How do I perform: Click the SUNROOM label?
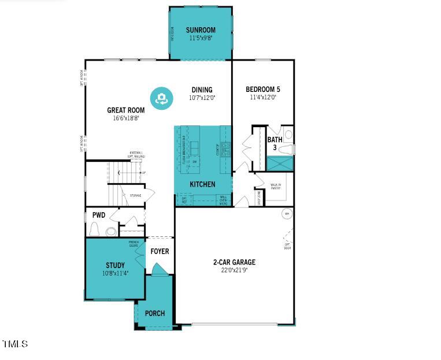(201, 30)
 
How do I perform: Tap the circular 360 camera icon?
(161, 98)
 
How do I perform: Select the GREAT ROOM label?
(125, 110)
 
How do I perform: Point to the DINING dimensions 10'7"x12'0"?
(202, 98)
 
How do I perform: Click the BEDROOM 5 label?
(263, 89)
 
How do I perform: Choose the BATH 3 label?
(275, 143)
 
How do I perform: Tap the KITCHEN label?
(202, 184)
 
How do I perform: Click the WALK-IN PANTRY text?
(276, 187)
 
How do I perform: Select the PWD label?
(99, 215)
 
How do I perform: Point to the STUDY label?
(115, 265)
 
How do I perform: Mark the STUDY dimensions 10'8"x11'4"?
(115, 273)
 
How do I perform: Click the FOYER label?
(160, 251)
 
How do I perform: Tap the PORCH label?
(154, 313)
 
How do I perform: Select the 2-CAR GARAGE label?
(234, 262)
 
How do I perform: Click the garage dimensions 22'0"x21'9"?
(234, 270)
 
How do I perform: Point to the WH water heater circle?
(286, 214)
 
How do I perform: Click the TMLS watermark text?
(15, 344)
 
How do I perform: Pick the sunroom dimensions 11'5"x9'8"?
(201, 38)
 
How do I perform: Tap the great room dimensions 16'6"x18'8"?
(125, 118)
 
